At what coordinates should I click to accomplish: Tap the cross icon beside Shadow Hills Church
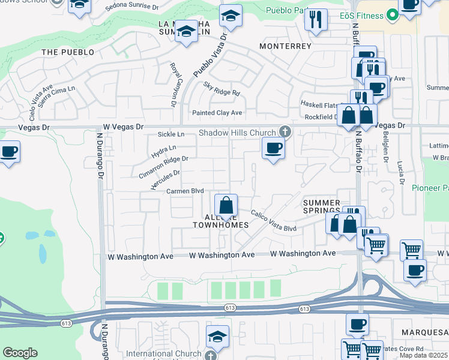285,133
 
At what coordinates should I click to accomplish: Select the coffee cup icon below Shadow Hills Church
273,148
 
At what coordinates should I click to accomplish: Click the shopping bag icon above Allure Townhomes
226,205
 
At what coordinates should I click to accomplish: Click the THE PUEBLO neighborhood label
68,52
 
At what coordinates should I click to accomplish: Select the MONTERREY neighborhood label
285,46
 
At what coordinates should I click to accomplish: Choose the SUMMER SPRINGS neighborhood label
321,207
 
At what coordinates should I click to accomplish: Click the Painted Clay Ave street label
217,113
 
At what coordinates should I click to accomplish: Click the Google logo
20,353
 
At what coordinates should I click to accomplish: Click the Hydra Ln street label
164,151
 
